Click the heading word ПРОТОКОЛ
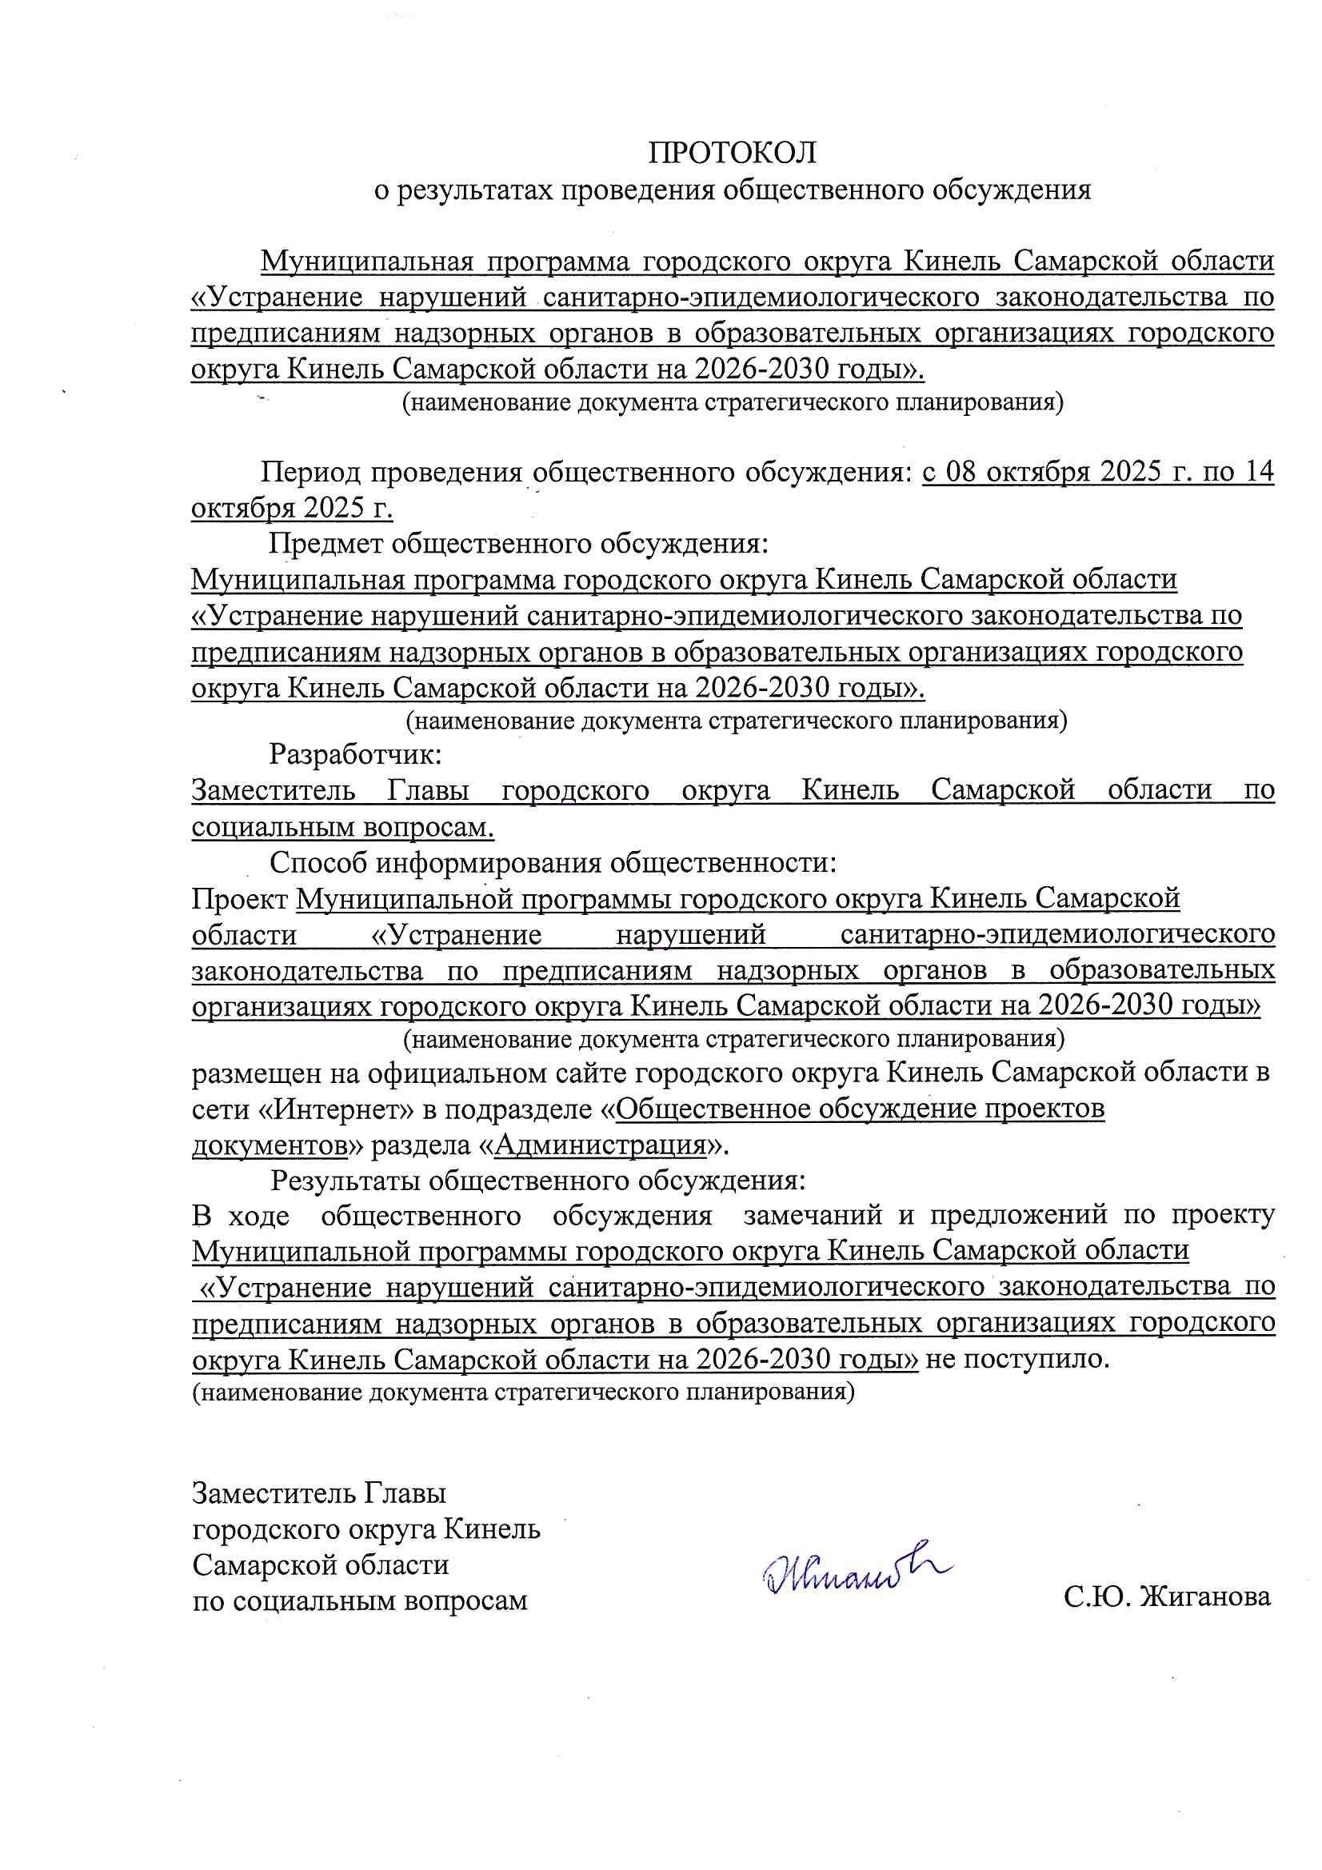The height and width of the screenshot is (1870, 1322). point(732,152)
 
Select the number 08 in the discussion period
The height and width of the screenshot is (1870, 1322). point(965,473)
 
